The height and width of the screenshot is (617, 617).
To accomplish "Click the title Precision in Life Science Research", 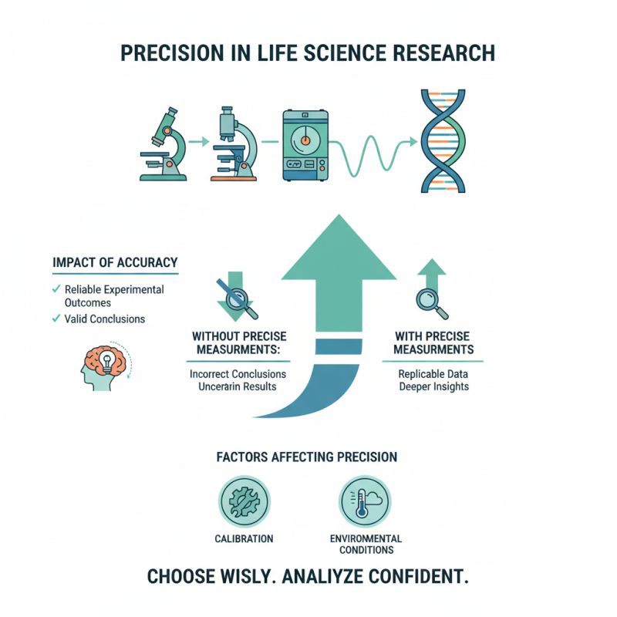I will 308,55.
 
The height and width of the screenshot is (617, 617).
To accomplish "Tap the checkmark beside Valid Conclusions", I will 56,319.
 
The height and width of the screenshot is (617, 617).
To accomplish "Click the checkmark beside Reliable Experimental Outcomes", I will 56,289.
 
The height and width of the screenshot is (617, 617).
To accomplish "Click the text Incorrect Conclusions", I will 238,373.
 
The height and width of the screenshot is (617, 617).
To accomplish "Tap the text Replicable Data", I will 433,373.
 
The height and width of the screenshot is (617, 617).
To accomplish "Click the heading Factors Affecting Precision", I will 308,457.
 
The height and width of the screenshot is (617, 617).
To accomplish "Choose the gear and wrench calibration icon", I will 241,501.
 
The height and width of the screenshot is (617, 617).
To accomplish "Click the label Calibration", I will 241,538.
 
